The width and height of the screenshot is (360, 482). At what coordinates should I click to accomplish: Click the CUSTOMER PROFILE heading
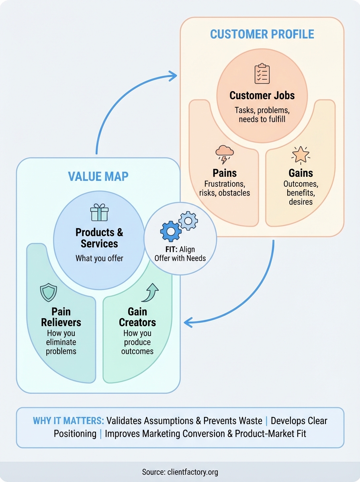[262, 35]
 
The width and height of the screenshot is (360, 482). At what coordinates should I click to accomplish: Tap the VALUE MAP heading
[98, 176]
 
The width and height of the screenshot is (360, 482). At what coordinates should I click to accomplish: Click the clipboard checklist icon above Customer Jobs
[262, 74]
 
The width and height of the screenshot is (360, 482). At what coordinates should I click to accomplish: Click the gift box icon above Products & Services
[99, 212]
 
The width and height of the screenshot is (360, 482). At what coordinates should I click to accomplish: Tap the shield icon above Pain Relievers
[49, 293]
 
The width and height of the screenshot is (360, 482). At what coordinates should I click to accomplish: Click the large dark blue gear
[170, 231]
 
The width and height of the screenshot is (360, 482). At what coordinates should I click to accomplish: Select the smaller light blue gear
[188, 221]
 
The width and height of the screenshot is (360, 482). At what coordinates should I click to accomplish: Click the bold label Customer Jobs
[262, 96]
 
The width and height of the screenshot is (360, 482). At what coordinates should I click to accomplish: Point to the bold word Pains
[224, 173]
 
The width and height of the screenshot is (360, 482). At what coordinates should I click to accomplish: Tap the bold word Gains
[301, 173]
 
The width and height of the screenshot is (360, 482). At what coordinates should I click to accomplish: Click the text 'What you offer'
[99, 258]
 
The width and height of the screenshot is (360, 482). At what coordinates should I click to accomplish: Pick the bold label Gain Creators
[137, 317]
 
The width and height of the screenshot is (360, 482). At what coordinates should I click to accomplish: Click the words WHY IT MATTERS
[68, 421]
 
